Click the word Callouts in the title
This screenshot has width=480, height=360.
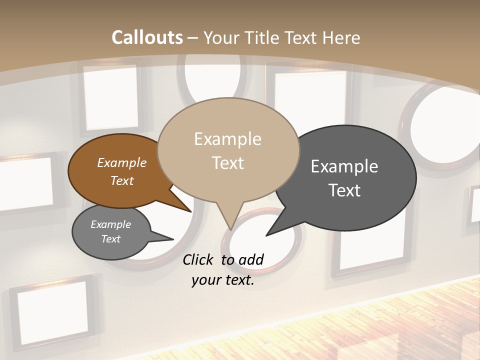147,37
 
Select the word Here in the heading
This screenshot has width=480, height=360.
340,37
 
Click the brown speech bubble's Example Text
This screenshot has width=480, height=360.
122,171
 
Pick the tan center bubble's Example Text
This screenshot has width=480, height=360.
228,150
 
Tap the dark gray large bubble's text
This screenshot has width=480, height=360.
344,178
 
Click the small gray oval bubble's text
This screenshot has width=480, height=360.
111,231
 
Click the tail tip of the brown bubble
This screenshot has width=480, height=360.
191,211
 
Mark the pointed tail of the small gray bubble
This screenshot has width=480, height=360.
172,239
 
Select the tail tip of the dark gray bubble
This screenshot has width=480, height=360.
267,235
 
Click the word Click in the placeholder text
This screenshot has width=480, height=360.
198,259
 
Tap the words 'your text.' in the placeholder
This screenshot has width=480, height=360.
223,280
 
